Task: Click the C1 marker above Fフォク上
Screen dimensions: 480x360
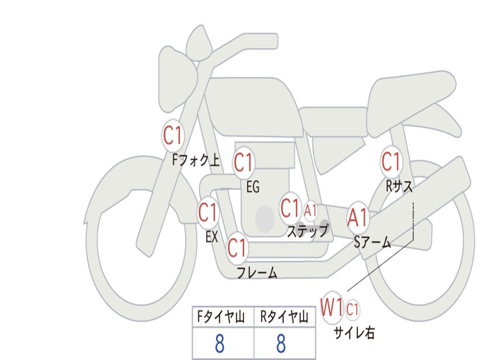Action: point(173,135)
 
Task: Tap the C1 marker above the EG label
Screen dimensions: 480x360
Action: point(244,163)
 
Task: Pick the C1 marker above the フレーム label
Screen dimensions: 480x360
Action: point(238,247)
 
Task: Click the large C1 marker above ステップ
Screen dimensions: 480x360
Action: point(291,208)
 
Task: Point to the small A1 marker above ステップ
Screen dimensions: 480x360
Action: point(310,210)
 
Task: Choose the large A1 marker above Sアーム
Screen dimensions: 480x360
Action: point(358,218)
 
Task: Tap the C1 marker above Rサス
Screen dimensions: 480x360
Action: point(391,161)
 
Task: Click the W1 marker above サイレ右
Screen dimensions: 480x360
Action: point(332,307)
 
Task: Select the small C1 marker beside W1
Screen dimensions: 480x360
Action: point(352,309)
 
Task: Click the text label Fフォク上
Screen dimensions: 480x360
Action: point(196,160)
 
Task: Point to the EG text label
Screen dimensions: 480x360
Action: point(253,187)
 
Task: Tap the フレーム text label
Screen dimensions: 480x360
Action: point(257,272)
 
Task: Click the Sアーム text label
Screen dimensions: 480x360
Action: point(373,242)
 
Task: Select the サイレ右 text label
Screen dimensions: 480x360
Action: point(354,333)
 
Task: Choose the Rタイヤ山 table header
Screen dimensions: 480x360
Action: point(285,317)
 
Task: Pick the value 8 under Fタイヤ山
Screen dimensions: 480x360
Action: point(220,344)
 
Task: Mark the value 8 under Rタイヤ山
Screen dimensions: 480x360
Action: point(281,344)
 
